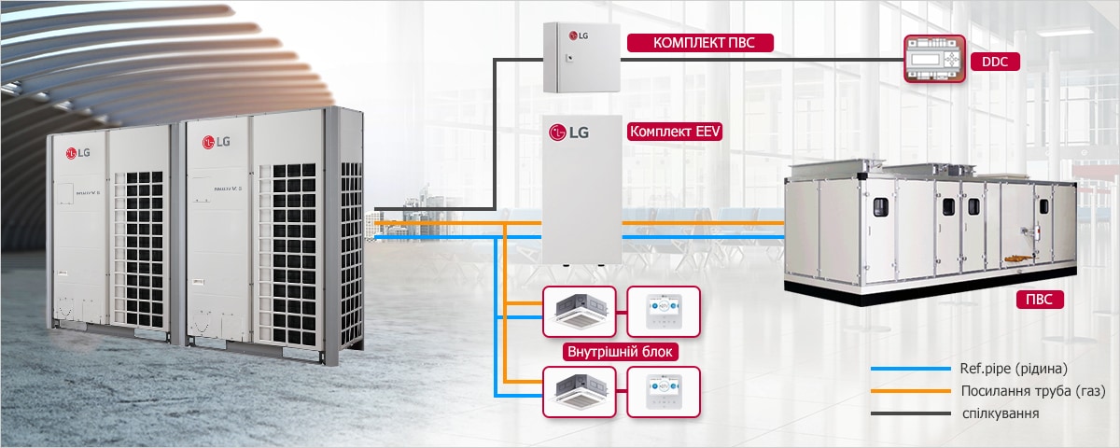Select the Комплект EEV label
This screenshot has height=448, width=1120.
pyautogui.click(x=676, y=132)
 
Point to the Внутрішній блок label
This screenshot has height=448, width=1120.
pyautogui.click(x=621, y=353)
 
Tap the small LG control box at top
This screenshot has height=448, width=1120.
pyautogui.click(x=581, y=58)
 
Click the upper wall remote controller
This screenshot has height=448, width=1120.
pyautogui.click(x=663, y=311)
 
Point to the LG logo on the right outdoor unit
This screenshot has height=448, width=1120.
pyautogui.click(x=216, y=142)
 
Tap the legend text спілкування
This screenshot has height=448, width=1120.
pyautogui.click(x=1000, y=413)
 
